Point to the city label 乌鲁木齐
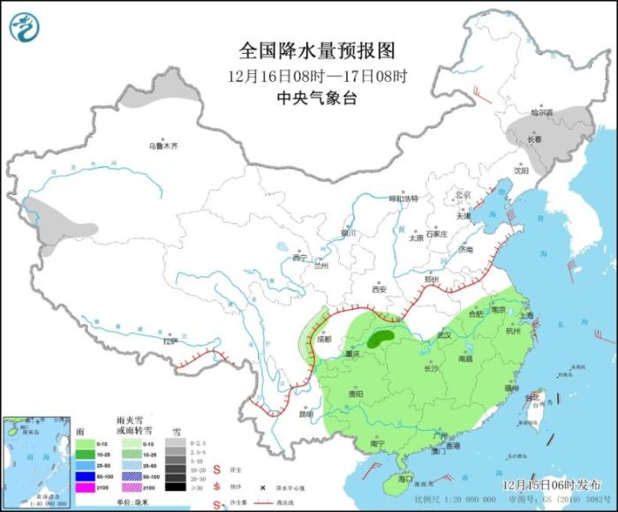[162, 146]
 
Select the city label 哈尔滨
[540, 113]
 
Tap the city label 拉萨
[170, 341]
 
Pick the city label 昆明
[305, 413]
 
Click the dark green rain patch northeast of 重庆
[382, 336]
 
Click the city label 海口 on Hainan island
[405, 478]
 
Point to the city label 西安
[379, 289]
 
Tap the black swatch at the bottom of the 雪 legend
[174, 486]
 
